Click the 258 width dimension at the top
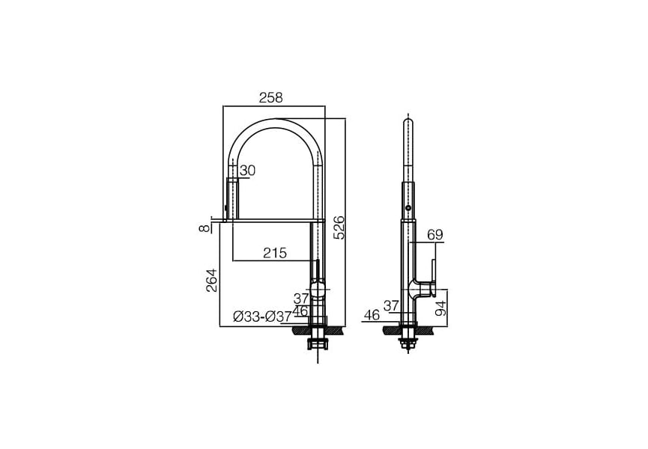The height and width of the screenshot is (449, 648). click(271, 98)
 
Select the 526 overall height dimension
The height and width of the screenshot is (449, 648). click(339, 227)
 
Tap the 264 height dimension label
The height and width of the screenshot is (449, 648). click(211, 281)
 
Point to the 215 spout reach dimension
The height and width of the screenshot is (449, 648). click(275, 253)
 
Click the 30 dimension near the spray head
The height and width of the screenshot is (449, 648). click(247, 171)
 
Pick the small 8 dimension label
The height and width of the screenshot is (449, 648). click(205, 227)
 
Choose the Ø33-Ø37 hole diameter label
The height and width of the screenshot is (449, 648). click(262, 317)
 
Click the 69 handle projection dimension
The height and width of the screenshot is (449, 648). click(434, 235)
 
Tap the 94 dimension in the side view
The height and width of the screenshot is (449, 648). click(441, 308)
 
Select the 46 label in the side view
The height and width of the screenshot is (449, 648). click(372, 315)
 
